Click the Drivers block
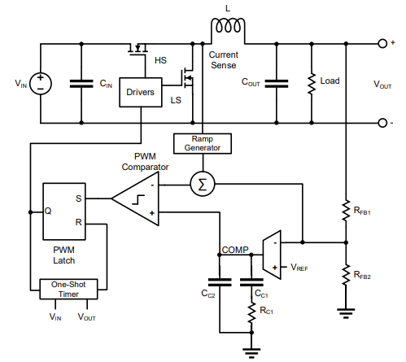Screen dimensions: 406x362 click(x=141, y=93)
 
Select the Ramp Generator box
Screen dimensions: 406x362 click(x=203, y=143)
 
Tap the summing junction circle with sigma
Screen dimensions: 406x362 click(x=203, y=184)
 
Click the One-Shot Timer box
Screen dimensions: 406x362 click(x=68, y=290)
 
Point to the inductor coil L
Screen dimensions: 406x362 click(x=228, y=27)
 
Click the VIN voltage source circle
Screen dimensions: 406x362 click(x=41, y=84)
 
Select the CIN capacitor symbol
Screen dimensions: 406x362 click(x=81, y=84)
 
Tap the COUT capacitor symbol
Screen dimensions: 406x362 click(x=277, y=84)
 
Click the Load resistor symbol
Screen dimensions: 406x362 click(x=312, y=84)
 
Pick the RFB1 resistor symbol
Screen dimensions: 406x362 click(x=346, y=211)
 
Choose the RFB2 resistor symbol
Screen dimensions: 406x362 click(x=346, y=275)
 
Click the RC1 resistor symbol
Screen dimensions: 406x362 click(x=251, y=313)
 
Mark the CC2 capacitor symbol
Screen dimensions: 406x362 click(x=220, y=282)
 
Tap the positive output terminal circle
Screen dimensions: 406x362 click(x=382, y=43)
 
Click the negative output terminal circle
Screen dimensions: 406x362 click(x=382, y=123)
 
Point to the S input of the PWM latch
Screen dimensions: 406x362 click(x=78, y=198)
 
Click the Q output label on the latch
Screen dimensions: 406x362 click(x=48, y=211)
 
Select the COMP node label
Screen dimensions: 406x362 click(x=235, y=250)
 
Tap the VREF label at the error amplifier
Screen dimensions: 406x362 click(x=299, y=268)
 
